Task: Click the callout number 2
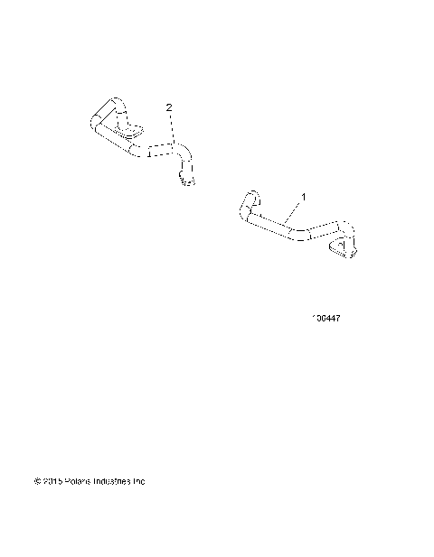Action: pyautogui.click(x=169, y=107)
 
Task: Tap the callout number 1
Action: pyautogui.click(x=304, y=196)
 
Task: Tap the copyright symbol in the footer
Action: pyautogui.click(x=37, y=481)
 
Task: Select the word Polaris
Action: pyautogui.click(x=78, y=481)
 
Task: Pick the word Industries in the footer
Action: pyautogui.click(x=112, y=481)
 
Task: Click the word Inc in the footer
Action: pyautogui.click(x=139, y=481)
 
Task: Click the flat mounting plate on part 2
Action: pyautogui.click(x=132, y=135)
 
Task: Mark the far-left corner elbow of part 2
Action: pyautogui.click(x=98, y=123)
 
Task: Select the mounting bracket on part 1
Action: pyautogui.click(x=343, y=247)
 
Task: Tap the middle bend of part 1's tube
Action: pyautogui.click(x=299, y=235)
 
